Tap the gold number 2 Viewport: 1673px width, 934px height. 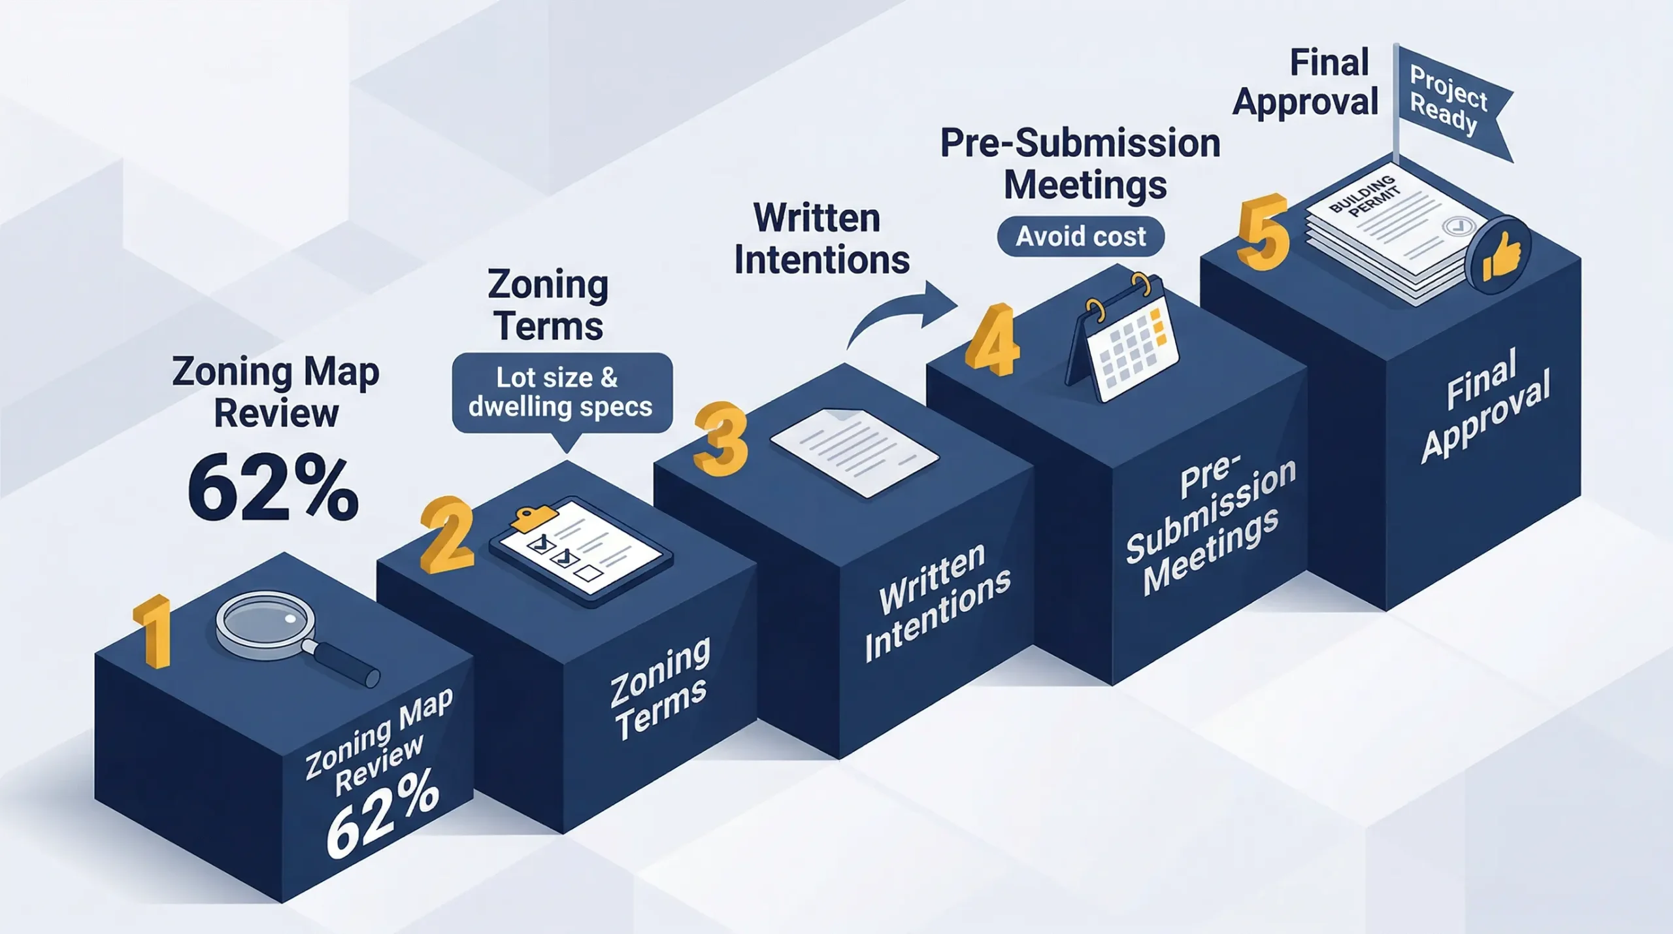[x=446, y=535]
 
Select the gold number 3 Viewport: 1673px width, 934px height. [x=720, y=439]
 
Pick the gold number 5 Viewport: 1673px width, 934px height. [x=1263, y=232]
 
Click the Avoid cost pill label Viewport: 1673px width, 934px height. [x=1080, y=236]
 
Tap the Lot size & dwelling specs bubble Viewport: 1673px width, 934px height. [x=561, y=392]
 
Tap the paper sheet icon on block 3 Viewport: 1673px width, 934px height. [x=853, y=451]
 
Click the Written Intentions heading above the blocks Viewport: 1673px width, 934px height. [x=821, y=239]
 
